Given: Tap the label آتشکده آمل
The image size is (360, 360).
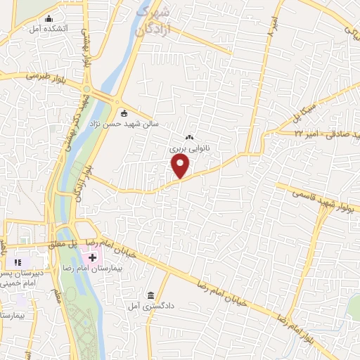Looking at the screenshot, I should pyautogui.click(x=48, y=30).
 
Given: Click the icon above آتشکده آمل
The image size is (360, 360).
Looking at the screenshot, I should pyautogui.click(x=48, y=19).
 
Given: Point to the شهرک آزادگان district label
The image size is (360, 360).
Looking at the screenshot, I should pyautogui.click(x=153, y=21).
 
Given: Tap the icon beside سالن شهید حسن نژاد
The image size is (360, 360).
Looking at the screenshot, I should pyautogui.click(x=124, y=113).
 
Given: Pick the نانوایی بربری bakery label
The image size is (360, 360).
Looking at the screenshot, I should pyautogui.click(x=188, y=148).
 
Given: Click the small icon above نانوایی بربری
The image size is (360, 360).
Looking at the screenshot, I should pyautogui.click(x=188, y=138).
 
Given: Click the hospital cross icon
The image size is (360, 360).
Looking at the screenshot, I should pyautogui.click(x=92, y=258).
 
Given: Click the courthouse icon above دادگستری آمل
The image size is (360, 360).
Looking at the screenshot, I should pyautogui.click(x=150, y=295).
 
